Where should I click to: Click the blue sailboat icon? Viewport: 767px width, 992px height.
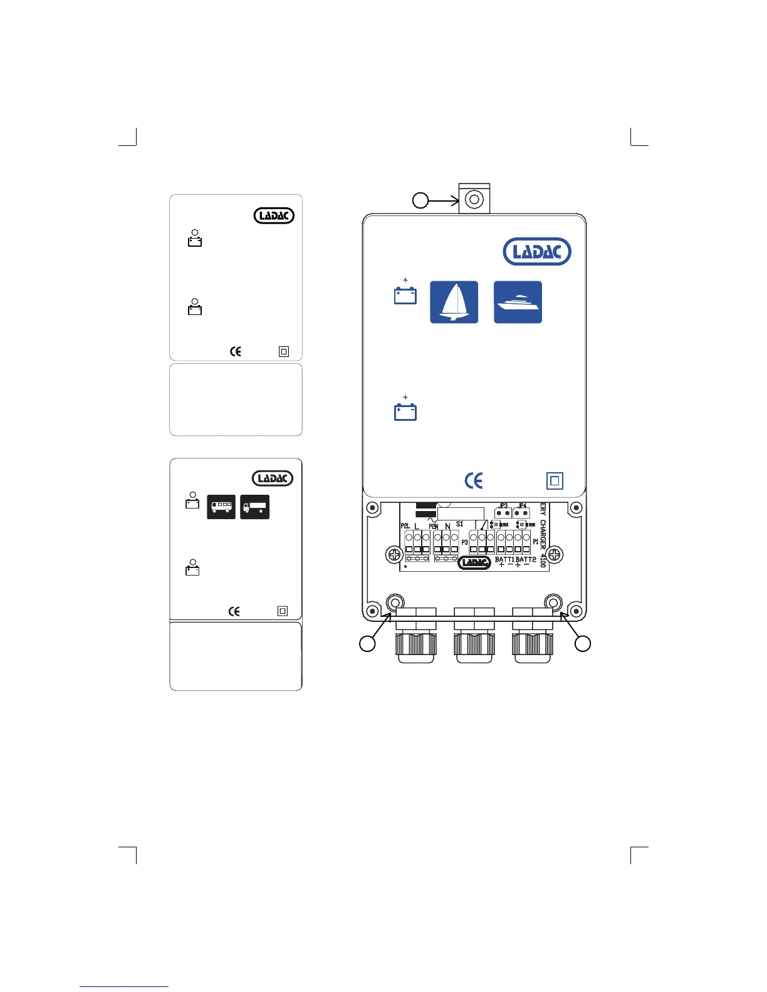(454, 302)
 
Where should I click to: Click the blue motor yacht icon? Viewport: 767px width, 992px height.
(518, 302)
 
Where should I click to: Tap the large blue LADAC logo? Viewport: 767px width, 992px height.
(537, 252)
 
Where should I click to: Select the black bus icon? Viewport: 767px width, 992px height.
(221, 507)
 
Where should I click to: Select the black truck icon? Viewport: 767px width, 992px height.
(254, 507)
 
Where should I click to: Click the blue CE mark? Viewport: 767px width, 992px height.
(474, 480)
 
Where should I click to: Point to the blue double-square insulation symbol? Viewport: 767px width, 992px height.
(555, 481)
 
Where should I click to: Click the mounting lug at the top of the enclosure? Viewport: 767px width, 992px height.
(474, 199)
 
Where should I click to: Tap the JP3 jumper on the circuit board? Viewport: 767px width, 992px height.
(503, 512)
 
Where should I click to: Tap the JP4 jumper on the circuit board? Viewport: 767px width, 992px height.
(521, 512)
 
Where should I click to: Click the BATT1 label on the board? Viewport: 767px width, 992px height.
(504, 559)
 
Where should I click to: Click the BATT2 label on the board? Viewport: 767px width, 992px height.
(526, 559)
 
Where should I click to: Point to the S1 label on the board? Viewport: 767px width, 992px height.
(459, 524)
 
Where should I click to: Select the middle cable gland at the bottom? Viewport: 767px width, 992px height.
(474, 639)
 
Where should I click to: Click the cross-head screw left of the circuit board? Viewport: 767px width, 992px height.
(394, 554)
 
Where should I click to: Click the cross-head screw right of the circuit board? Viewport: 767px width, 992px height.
(555, 554)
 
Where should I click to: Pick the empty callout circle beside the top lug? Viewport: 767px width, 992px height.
(420, 200)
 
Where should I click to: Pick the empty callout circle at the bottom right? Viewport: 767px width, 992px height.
(583, 643)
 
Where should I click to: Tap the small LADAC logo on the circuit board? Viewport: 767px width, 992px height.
(474, 562)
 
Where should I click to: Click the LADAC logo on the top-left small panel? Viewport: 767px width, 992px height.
(274, 215)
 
